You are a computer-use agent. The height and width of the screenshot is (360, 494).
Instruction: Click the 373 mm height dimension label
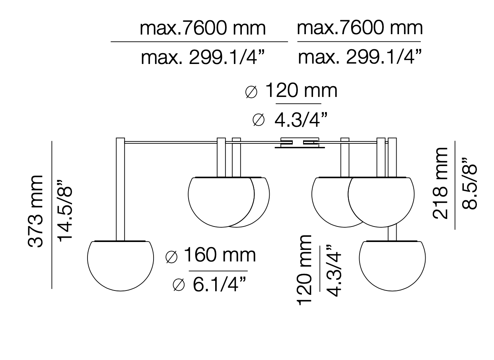pyautogui.click(x=35, y=211)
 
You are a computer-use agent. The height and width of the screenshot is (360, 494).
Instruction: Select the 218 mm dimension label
pyautogui.click(x=440, y=183)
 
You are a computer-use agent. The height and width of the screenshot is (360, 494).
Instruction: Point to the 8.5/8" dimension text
pyautogui.click(x=469, y=184)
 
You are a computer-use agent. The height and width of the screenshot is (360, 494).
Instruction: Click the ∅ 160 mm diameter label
pyautogui.click(x=211, y=255)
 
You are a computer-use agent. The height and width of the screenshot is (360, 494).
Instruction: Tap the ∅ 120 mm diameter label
pyautogui.click(x=291, y=91)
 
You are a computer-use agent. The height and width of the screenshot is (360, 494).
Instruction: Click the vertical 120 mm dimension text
pyautogui.click(x=305, y=270)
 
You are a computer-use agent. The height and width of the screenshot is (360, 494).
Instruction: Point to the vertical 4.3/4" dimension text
pyautogui.click(x=334, y=270)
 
